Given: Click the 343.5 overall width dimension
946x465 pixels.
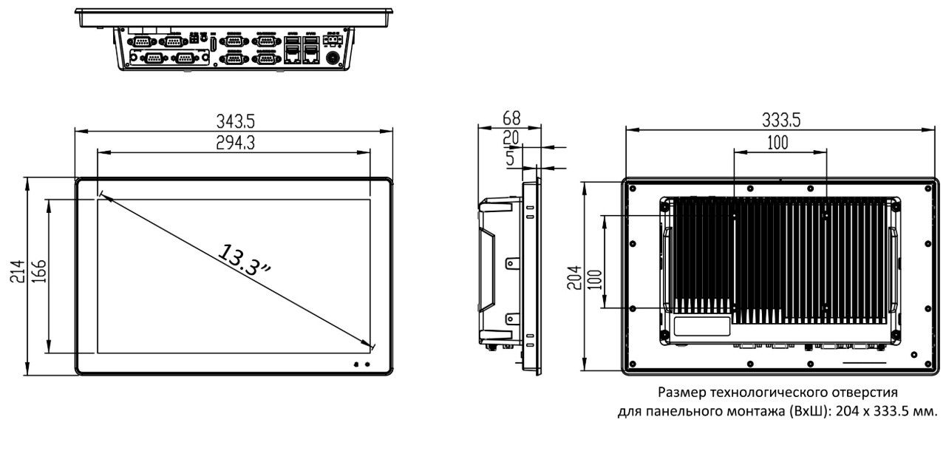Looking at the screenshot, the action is (x=236, y=121).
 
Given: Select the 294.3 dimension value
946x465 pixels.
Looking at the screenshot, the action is (x=235, y=143).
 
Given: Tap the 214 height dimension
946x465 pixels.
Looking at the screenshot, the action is (x=18, y=271).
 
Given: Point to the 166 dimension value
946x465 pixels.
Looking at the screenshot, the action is (x=39, y=271).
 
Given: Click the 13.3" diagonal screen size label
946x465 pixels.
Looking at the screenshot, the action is (x=244, y=260).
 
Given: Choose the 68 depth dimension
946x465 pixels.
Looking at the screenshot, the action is (x=511, y=118).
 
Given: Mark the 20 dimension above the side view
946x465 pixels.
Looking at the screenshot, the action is (x=511, y=138).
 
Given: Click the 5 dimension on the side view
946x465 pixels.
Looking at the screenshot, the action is (x=510, y=158).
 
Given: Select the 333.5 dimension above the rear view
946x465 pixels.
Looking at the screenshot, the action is (x=781, y=121).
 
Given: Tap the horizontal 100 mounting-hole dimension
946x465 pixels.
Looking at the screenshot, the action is (x=777, y=143).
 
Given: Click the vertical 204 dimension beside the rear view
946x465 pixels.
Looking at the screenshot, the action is (x=574, y=277).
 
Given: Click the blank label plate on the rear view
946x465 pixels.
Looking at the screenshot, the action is (x=701, y=327).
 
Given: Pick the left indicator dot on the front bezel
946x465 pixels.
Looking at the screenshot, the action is (x=356, y=364).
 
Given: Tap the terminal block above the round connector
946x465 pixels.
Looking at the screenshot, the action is (x=333, y=40).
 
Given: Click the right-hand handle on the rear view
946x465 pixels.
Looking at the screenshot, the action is (x=894, y=270).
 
